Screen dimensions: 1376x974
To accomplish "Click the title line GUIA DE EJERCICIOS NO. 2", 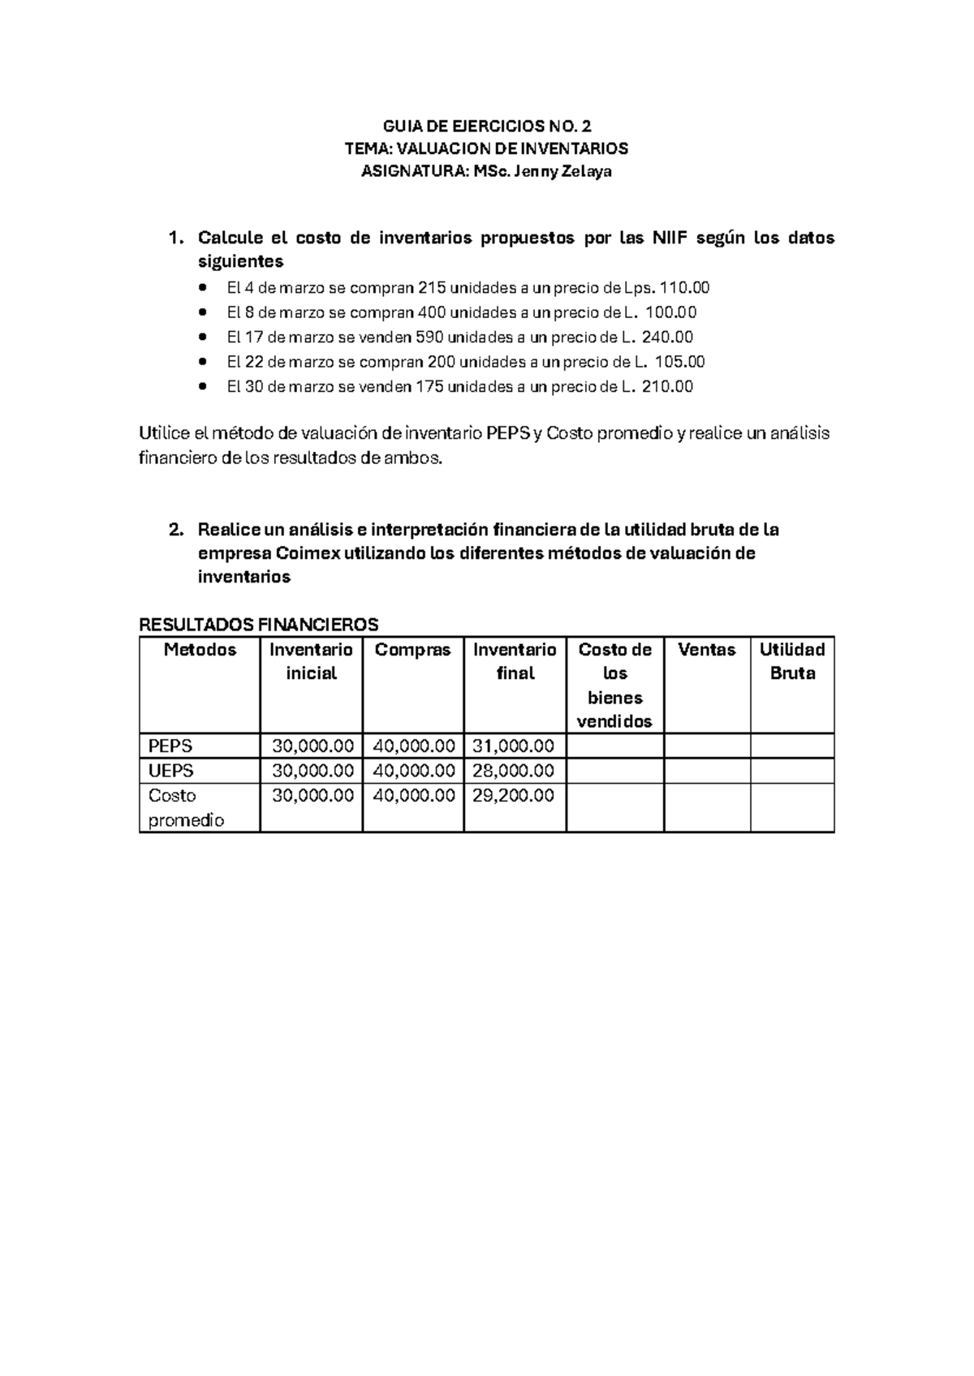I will [487, 126].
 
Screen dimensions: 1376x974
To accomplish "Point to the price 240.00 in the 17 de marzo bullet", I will [667, 337].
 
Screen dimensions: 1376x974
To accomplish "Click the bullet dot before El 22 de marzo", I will [203, 362].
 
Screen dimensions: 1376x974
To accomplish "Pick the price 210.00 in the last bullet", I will [667, 387].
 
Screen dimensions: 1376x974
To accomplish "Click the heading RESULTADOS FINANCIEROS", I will [259, 624].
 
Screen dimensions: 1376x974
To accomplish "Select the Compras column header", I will [412, 650].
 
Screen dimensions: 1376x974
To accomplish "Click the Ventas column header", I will [706, 650].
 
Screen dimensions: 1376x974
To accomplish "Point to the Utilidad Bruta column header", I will [791, 661].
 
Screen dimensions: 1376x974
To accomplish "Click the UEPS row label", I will [171, 770].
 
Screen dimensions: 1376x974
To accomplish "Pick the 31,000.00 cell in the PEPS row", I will [514, 746].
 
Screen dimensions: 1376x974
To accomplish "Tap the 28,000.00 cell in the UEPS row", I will [514, 770].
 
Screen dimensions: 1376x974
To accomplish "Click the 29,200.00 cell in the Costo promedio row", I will [514, 795].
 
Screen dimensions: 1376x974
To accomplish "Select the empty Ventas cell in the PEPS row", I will [706, 746].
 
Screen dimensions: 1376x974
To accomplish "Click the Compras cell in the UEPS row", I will [413, 770].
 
